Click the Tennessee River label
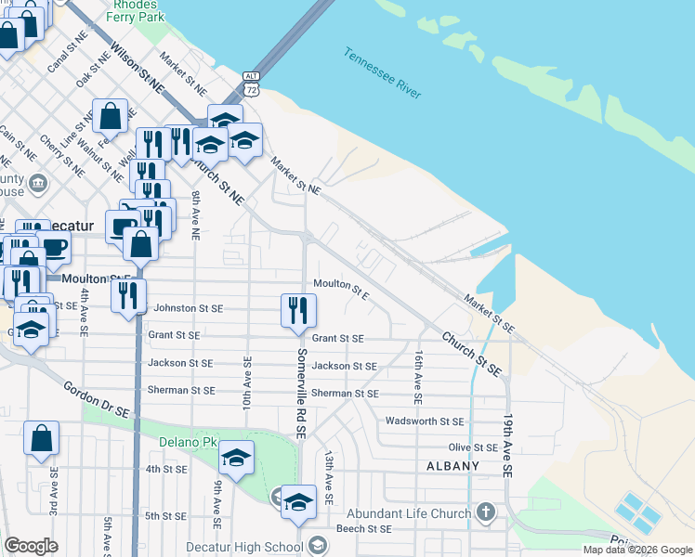tap(383, 74)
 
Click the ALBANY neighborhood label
tap(452, 466)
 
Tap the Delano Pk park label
tap(186, 442)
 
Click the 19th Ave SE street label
tap(508, 446)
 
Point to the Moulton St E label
tap(342, 290)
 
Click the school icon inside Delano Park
tap(237, 457)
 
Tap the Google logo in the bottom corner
tap(31, 546)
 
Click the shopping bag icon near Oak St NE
tap(110, 117)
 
